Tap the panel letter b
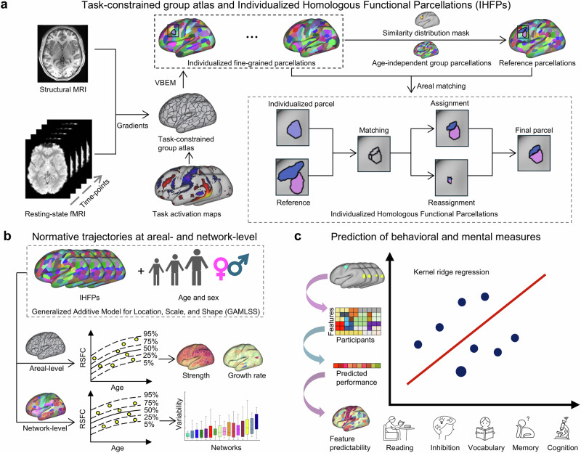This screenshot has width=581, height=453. click(x=7, y=236)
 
